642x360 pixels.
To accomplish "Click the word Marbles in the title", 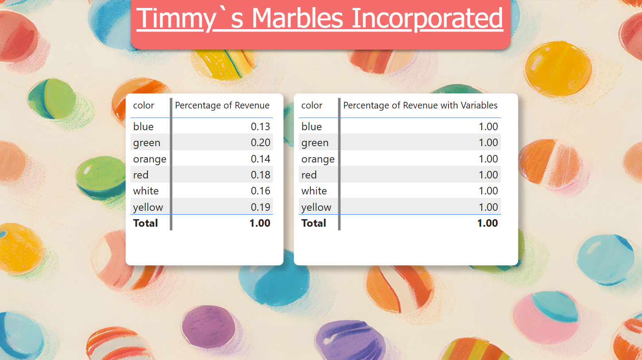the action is click(x=297, y=18).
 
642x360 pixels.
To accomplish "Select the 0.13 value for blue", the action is click(x=260, y=126).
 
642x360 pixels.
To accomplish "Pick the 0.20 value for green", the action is click(x=260, y=143).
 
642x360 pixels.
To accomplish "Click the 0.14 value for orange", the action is click(x=260, y=159).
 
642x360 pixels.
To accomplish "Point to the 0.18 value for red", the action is click(x=260, y=175).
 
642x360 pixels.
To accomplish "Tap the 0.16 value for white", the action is click(x=260, y=191).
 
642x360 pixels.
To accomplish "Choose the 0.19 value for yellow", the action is click(x=260, y=207).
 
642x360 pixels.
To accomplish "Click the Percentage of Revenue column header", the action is click(x=222, y=105).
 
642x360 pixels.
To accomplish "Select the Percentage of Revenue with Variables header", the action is click(x=420, y=105).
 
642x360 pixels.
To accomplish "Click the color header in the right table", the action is click(x=312, y=105).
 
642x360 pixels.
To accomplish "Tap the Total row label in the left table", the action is click(x=145, y=223).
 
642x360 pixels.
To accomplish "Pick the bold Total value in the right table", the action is click(x=487, y=223).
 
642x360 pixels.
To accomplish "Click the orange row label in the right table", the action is click(x=318, y=159).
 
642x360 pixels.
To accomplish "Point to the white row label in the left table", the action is click(x=146, y=191).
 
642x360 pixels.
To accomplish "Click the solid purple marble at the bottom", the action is click(x=209, y=326).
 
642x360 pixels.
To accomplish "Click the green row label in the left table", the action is click(x=147, y=143).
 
